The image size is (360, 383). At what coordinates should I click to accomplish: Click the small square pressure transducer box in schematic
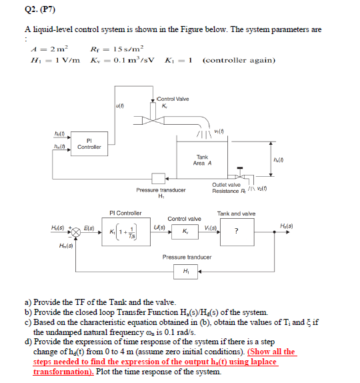(x=157, y=178)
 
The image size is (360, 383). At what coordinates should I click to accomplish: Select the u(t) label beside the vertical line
(x=119, y=104)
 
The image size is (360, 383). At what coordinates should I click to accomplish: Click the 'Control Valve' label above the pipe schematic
(x=172, y=99)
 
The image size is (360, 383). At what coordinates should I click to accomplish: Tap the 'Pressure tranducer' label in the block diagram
(x=187, y=256)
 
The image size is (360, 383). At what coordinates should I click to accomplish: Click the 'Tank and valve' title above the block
(x=236, y=214)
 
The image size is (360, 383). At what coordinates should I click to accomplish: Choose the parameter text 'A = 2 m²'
(x=46, y=48)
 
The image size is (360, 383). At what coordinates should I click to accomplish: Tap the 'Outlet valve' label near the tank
(x=227, y=185)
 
